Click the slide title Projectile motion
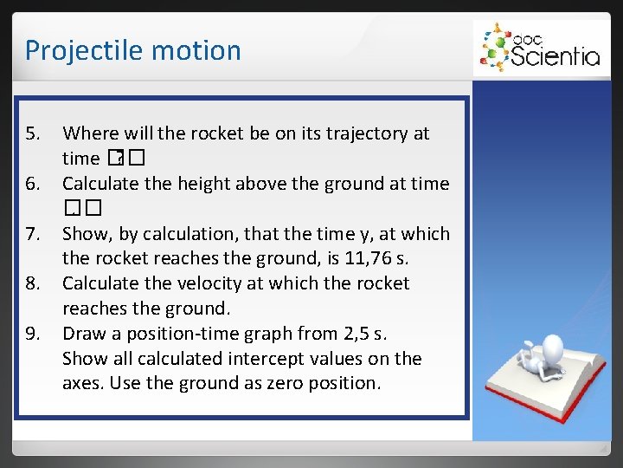tap(132, 50)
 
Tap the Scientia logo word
tap(554, 57)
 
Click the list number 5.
tap(33, 133)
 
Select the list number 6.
tap(33, 184)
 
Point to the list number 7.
tap(33, 234)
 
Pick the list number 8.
tap(33, 283)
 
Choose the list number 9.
tap(33, 334)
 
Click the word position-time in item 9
tap(181, 334)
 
